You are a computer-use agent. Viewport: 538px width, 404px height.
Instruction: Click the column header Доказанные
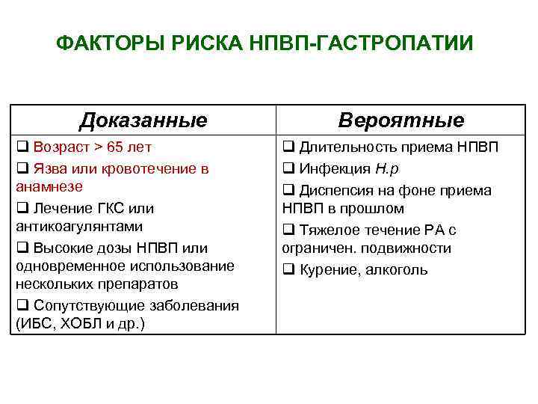[x=143, y=120]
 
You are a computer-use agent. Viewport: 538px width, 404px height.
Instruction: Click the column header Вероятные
[x=401, y=120]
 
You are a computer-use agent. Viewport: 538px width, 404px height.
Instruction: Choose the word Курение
[x=329, y=270]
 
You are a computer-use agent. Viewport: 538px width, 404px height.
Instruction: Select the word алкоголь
[x=397, y=270]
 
